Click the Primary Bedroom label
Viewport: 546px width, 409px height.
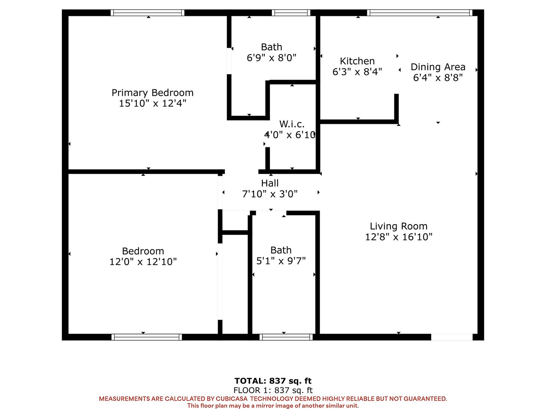[152, 93]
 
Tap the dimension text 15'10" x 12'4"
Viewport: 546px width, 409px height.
[152, 103]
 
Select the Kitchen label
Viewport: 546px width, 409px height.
[357, 61]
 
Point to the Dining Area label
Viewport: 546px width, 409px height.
[438, 67]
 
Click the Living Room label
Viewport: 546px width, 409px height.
[399, 226]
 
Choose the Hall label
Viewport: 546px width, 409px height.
[270, 183]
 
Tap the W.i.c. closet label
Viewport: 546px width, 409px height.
[292, 124]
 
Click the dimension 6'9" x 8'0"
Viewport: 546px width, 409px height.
[271, 58]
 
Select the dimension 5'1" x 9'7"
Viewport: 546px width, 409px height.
[281, 261]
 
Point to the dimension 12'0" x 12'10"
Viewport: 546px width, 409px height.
[143, 262]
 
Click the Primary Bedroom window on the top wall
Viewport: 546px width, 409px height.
[147, 12]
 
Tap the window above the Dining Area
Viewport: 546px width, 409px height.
[420, 12]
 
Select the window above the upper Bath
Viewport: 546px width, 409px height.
[291, 12]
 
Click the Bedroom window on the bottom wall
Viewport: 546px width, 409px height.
[147, 337]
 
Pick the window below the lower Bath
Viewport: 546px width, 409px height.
[286, 337]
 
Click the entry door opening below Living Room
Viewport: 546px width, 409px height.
[452, 337]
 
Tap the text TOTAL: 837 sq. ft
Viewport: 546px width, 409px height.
[273, 381]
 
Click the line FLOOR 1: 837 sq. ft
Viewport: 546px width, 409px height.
[273, 390]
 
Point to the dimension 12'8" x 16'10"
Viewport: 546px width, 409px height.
[399, 237]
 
